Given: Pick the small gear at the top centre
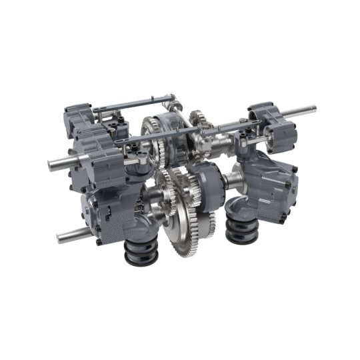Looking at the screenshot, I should pyautogui.click(x=198, y=120).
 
